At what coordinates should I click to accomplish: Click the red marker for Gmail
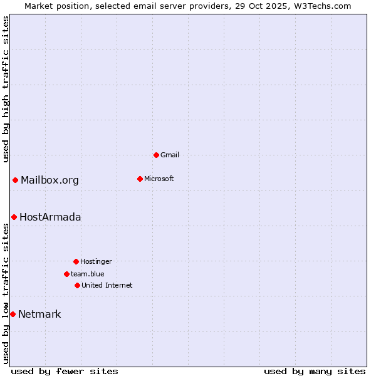tap(156, 155)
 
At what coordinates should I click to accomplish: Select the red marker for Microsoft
tap(140, 179)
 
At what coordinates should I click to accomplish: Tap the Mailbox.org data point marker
tap(15, 180)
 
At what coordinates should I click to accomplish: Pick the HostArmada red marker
tap(14, 217)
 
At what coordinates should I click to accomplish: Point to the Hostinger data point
tap(76, 261)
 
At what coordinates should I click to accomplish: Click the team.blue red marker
tap(66, 274)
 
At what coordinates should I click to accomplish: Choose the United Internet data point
tap(77, 285)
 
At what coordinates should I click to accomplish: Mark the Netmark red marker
tap(13, 314)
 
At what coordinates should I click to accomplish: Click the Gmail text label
tap(170, 155)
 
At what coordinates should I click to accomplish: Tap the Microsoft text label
tap(159, 179)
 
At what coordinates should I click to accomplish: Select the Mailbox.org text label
tap(50, 180)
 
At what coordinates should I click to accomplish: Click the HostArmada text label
tap(50, 217)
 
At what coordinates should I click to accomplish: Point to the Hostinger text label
tap(96, 261)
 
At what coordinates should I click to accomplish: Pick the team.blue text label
tap(88, 274)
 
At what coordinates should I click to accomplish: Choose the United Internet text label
tap(107, 285)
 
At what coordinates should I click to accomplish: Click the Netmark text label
tap(39, 314)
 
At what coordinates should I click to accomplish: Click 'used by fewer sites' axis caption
tap(65, 371)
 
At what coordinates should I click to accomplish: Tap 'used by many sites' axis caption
tap(315, 371)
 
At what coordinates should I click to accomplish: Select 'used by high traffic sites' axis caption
tap(6, 89)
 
